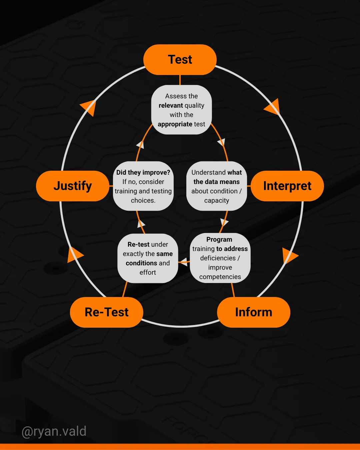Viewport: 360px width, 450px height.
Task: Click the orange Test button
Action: coord(180,60)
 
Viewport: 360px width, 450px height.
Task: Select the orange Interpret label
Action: coord(287,186)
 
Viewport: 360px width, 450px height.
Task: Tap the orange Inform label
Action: coord(254,312)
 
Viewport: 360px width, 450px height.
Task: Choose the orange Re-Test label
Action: coord(107,312)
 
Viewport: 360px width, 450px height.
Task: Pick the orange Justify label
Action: coord(73,186)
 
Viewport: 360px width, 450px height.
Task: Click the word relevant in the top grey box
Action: coord(171,105)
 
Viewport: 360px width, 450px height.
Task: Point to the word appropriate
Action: coord(175,124)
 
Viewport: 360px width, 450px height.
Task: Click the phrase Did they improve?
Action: coord(143,172)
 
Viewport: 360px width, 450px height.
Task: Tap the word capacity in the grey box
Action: coord(217,201)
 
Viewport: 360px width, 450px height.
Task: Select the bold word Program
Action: coord(219,239)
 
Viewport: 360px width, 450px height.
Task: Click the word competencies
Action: coord(220,277)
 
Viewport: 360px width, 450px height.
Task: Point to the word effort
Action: coord(148,272)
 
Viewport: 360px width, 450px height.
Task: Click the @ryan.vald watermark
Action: coord(54,431)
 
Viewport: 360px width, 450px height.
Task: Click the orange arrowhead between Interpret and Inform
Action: coord(289,256)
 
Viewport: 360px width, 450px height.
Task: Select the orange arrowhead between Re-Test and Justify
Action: coord(74,254)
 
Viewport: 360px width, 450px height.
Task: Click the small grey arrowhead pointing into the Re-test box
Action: coord(184,262)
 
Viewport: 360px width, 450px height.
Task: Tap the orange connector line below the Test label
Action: coord(180,80)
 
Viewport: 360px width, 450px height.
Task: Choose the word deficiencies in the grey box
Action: coord(218,258)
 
